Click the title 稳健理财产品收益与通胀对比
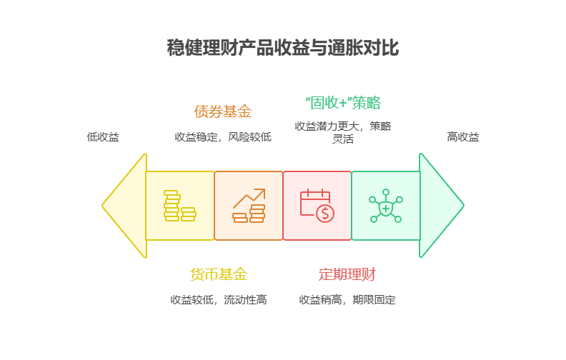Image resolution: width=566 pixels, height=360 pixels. click(282, 49)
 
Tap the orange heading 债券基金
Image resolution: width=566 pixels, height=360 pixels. click(222, 111)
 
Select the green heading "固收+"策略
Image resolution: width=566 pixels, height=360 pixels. click(343, 103)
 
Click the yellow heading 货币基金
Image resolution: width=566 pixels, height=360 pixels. click(219, 274)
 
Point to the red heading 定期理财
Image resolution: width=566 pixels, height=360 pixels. click(347, 274)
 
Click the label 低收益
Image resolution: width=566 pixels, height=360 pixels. click(103, 136)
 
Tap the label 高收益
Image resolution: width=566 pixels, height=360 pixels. click(463, 136)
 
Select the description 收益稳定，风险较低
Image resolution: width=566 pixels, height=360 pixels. click(223, 136)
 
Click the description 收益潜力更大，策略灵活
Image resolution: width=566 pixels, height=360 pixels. click(343, 132)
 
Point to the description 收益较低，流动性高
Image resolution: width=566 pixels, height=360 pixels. click(219, 300)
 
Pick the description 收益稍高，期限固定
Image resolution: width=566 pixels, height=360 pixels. click(347, 300)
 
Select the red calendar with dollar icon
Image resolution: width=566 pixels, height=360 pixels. click(317, 206)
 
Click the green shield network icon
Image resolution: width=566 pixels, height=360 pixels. click(386, 206)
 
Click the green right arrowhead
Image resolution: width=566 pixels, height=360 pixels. click(440, 206)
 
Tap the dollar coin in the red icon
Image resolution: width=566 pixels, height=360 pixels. click(325, 213)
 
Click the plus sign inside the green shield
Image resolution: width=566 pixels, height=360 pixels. click(386, 208)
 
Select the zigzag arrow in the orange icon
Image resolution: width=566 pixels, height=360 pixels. click(249, 197)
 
